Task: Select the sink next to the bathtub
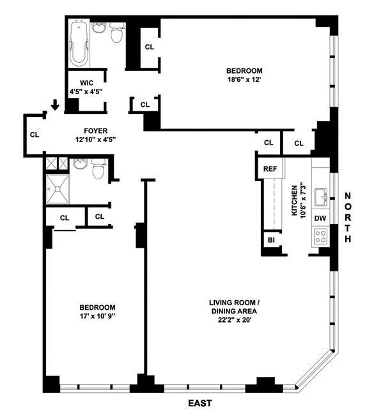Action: point(99,28)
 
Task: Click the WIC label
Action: point(87,83)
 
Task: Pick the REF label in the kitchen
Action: point(270,169)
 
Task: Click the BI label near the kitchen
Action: point(271,240)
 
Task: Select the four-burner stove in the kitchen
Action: point(320,239)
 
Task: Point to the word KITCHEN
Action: point(295,201)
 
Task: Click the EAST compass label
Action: point(199,404)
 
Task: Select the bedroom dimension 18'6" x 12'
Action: point(244,80)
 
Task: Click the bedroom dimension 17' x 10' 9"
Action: point(97,316)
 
